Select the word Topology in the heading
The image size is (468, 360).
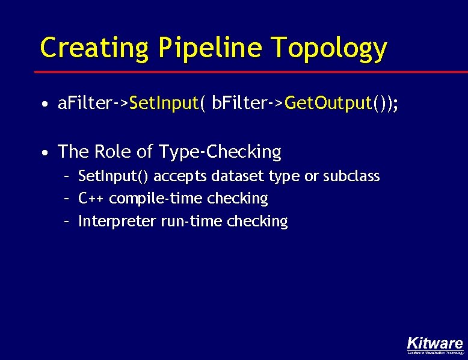[x=330, y=48]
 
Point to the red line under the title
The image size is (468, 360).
[x=241, y=72]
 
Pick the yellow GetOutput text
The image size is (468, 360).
[x=328, y=104]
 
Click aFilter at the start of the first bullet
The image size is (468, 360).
[x=84, y=104]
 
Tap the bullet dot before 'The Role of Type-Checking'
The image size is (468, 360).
[x=46, y=153]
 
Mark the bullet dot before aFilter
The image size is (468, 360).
[x=46, y=104]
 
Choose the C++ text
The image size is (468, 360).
[x=92, y=198]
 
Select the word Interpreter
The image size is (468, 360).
[x=117, y=221]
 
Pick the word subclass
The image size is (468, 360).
[x=351, y=176]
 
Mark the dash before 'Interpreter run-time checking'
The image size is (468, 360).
[x=68, y=221]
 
